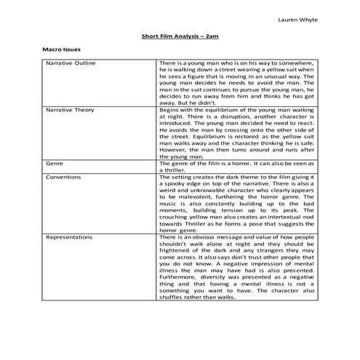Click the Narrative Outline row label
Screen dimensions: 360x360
coord(71,64)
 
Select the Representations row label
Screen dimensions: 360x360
coord(69,237)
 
